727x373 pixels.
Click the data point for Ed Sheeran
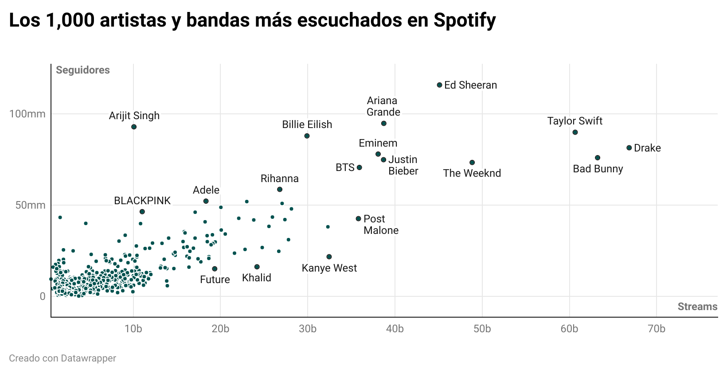pyautogui.click(x=439, y=85)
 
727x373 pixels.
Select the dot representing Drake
pyautogui.click(x=629, y=148)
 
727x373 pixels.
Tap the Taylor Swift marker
pyautogui.click(x=575, y=132)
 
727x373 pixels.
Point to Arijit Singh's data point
pyautogui.click(x=134, y=127)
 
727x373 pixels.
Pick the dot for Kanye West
pyautogui.click(x=329, y=257)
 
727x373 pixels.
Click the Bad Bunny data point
pyautogui.click(x=598, y=158)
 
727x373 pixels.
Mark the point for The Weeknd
pyautogui.click(x=472, y=163)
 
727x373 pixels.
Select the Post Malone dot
pyautogui.click(x=358, y=219)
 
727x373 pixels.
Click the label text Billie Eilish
pyautogui.click(x=307, y=124)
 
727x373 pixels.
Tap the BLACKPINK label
pyautogui.click(x=142, y=201)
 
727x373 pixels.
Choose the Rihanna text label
pyautogui.click(x=279, y=179)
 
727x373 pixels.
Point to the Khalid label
pyautogui.click(x=256, y=278)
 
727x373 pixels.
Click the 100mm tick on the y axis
pyautogui.click(x=27, y=114)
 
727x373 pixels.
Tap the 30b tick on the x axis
pyautogui.click(x=308, y=329)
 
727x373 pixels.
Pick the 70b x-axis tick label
pyautogui.click(x=657, y=329)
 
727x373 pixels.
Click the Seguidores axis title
pyautogui.click(x=83, y=70)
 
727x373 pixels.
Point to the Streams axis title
pyautogui.click(x=697, y=307)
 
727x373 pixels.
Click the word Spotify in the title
pyautogui.click(x=465, y=20)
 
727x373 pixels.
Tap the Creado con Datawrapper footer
pyautogui.click(x=63, y=358)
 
